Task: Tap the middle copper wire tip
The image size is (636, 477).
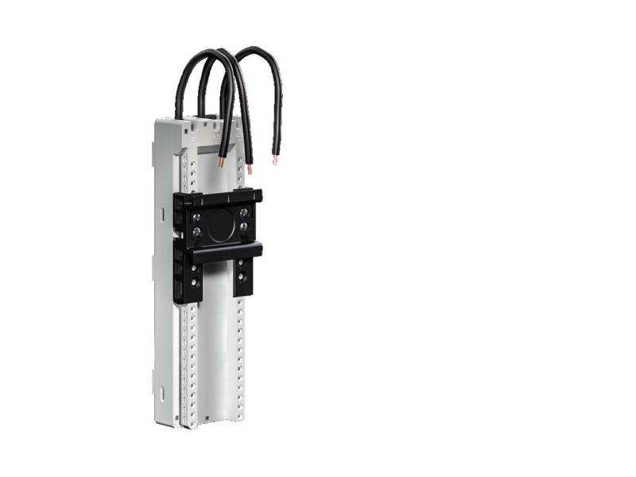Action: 249,169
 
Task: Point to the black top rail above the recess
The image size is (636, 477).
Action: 219,196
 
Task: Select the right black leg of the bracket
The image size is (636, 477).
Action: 242,278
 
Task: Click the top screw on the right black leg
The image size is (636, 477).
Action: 242,266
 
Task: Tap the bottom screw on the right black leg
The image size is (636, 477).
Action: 242,279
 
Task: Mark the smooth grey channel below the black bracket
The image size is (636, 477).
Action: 212,358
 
